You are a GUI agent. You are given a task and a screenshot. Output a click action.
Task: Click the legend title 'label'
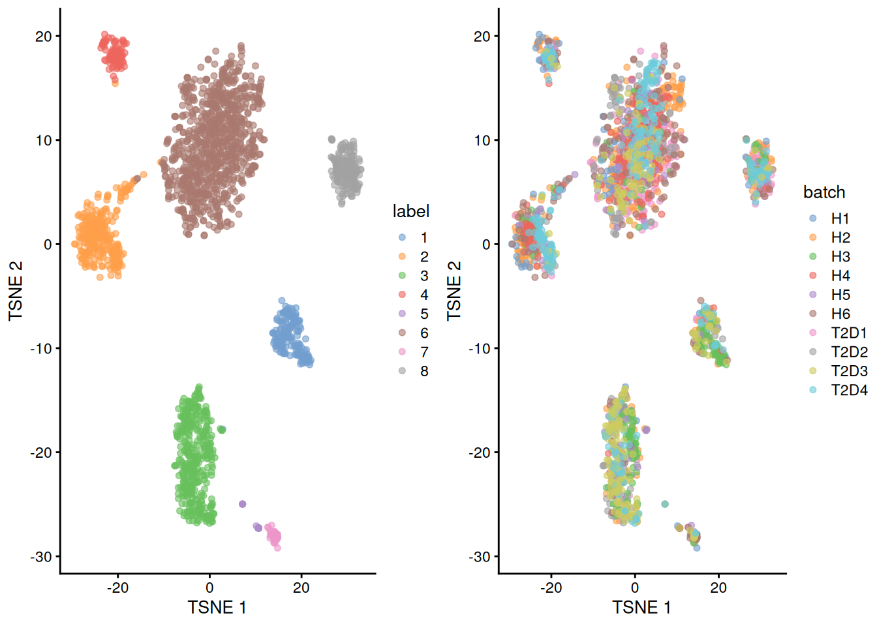(x=410, y=211)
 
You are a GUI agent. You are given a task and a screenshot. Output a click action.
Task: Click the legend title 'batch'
(x=823, y=192)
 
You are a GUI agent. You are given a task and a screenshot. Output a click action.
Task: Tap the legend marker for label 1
(x=402, y=238)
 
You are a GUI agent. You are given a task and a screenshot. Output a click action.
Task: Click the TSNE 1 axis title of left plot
(x=217, y=608)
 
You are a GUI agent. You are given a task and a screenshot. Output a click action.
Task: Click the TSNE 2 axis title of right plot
(x=454, y=291)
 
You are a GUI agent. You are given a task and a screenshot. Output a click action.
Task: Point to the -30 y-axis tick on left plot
(x=40, y=557)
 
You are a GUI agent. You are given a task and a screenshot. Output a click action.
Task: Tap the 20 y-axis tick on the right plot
(x=482, y=37)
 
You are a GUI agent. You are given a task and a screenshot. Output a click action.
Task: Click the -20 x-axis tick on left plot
(x=117, y=588)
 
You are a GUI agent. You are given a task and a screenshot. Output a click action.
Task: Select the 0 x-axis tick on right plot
(x=634, y=588)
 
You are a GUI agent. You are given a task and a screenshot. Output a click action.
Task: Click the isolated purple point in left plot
(x=243, y=504)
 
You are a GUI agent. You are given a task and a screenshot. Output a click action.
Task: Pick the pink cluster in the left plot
(x=274, y=536)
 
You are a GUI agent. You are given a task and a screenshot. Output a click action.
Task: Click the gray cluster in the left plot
(x=345, y=171)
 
